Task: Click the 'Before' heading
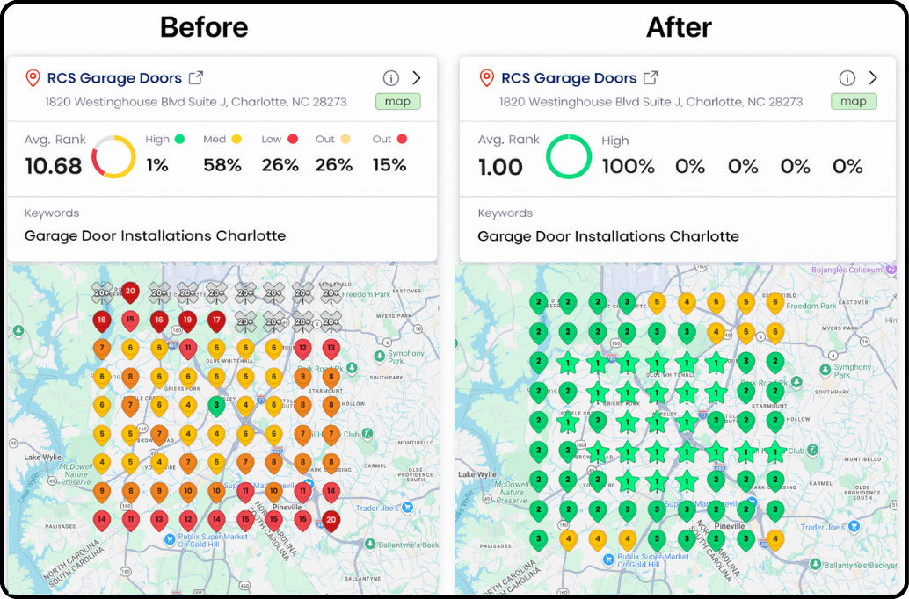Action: pos(204,27)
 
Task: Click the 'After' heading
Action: pos(679,27)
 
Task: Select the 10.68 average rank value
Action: pos(53,166)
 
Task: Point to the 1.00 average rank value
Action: pos(500,167)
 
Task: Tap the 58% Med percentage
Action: pos(222,165)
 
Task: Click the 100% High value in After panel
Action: pos(628,166)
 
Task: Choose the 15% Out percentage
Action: pos(389,165)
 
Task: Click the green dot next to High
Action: pos(180,139)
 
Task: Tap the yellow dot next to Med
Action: pos(235,139)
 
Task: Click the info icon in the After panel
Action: pos(847,78)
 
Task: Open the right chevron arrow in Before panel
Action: pos(417,78)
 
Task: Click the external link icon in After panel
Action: pos(651,78)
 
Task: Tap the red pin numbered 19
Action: pos(187,320)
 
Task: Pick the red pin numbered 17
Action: pos(215,320)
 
